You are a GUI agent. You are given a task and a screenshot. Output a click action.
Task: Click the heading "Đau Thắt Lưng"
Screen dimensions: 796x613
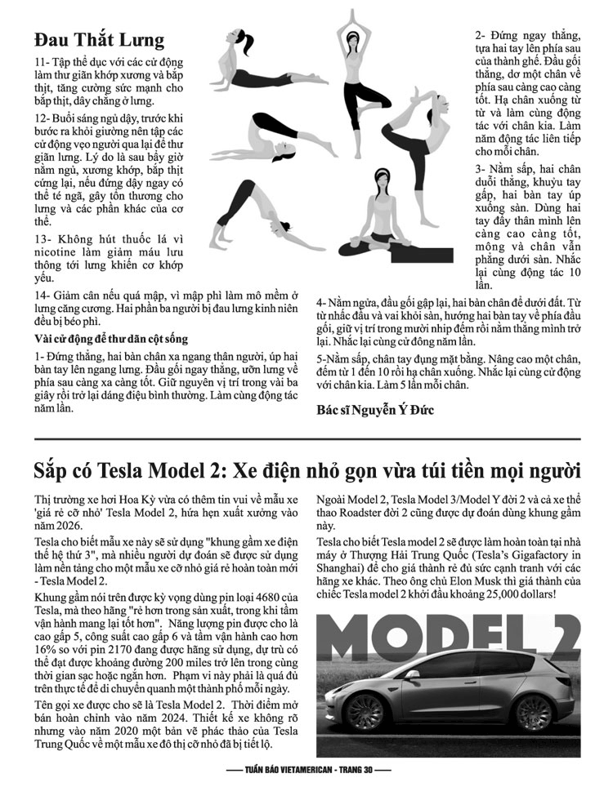point(99,40)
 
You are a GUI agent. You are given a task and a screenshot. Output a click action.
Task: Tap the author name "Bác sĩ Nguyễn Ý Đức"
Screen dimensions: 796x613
point(375,410)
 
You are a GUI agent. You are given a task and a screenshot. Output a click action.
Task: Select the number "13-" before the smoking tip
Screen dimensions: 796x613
point(43,239)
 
